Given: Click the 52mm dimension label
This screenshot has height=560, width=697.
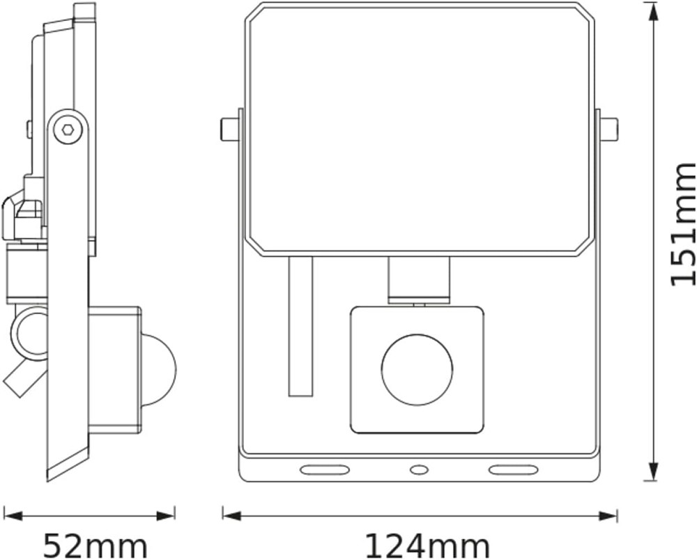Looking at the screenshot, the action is tap(95, 546).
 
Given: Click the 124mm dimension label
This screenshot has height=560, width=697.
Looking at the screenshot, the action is tap(427, 546).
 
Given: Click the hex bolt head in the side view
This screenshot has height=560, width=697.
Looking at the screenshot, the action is tap(68, 130).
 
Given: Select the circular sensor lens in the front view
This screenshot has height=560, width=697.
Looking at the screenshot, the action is tap(417, 369).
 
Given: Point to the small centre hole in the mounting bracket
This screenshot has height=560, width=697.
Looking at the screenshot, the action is tap(418, 469).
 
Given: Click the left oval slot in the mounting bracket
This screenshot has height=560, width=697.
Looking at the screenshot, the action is tap(324, 470).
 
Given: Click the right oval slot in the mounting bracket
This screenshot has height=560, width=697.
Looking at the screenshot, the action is tap(514, 470).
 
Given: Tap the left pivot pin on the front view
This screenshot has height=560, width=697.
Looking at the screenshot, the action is tap(231, 130).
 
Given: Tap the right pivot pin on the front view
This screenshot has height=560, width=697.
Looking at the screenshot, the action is tap(607, 130).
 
